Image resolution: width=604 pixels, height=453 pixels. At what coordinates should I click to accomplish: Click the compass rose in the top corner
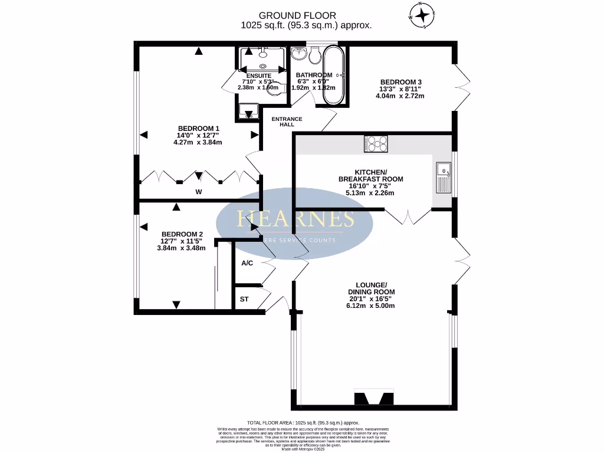[x=423, y=15]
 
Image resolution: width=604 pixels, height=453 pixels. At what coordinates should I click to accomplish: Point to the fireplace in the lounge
[x=373, y=399]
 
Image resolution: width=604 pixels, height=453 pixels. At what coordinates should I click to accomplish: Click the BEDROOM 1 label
[x=199, y=129]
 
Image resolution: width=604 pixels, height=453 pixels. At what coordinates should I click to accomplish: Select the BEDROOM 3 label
[x=401, y=82]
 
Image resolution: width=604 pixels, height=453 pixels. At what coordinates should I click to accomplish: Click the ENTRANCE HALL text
[x=287, y=122]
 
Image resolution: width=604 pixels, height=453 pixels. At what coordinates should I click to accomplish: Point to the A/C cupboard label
[x=247, y=263]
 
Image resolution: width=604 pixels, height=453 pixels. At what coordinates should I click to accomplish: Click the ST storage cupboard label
[x=244, y=300]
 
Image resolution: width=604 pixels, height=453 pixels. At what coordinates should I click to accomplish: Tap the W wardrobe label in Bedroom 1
[x=199, y=192]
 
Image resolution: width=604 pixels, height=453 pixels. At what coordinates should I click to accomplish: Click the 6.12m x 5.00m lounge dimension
[x=371, y=306]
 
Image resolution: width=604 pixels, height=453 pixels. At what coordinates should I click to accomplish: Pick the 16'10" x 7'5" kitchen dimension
[x=370, y=186]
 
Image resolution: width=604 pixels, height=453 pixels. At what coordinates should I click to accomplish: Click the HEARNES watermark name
[x=295, y=219]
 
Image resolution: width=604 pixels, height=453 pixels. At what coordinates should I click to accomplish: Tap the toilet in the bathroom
[x=314, y=57]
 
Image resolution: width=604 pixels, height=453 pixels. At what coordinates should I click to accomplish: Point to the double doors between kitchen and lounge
[x=408, y=216]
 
